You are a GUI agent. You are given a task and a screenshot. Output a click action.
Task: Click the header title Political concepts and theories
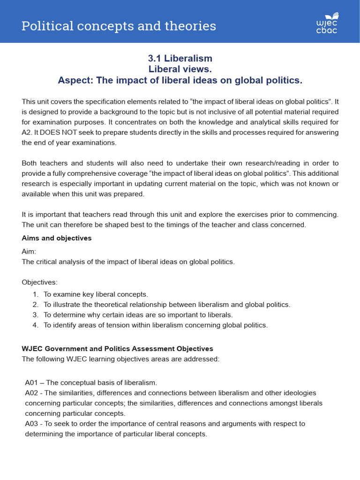tap(119, 26)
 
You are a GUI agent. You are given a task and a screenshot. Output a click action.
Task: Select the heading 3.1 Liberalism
tap(180, 58)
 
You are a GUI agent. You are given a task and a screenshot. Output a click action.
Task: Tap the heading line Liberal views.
tap(180, 69)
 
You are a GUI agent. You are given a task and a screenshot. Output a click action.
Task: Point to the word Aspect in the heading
tap(75, 81)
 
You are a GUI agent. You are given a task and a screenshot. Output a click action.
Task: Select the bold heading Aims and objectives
tap(57, 238)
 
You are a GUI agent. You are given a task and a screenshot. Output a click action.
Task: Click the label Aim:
tap(29, 251)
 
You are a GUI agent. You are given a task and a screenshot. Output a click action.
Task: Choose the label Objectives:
tap(40, 282)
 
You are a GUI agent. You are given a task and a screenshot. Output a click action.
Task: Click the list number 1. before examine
tap(36, 294)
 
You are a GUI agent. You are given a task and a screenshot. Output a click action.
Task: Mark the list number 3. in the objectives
tap(36, 315)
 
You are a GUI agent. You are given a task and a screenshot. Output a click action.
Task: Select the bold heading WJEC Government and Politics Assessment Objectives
tap(118, 349)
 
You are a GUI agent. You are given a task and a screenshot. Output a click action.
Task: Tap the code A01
tap(31, 382)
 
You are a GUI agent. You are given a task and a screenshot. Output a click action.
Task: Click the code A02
tap(31, 393)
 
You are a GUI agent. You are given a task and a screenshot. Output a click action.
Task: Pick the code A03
tap(31, 424)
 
